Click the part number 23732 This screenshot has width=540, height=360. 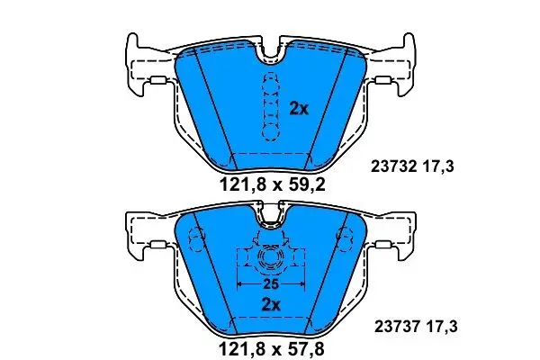394,167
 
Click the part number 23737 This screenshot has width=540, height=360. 397,326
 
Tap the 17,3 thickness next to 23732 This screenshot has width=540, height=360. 437,167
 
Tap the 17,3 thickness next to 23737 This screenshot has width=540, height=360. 441,327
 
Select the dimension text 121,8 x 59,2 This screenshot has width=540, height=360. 272,185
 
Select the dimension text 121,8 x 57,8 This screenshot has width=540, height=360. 272,349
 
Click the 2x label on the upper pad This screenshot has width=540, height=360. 299,109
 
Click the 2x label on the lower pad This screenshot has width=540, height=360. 271,304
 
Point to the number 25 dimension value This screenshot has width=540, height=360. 271,284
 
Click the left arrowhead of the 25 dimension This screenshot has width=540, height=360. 241,283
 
